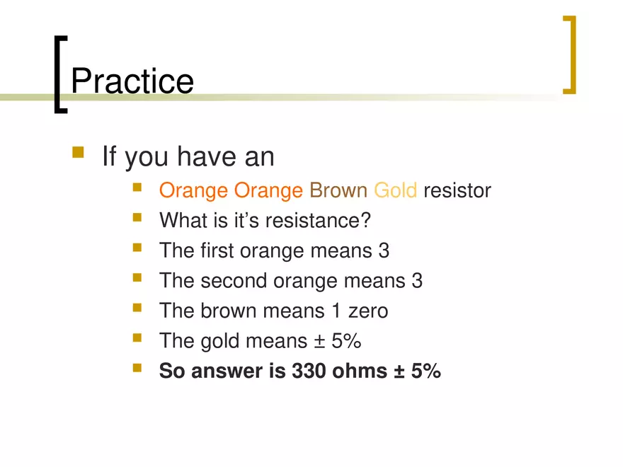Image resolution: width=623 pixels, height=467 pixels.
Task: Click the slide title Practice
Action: [x=132, y=81]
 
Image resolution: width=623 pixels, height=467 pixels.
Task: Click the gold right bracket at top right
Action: [x=570, y=55]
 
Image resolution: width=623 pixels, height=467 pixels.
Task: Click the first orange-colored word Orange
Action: [x=194, y=191]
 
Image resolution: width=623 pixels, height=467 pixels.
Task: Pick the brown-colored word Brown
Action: [x=338, y=191]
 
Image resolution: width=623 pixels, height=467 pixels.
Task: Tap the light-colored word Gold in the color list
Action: [x=395, y=191]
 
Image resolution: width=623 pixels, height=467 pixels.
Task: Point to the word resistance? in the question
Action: [x=318, y=221]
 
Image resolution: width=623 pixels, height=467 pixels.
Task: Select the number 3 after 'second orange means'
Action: [x=417, y=281]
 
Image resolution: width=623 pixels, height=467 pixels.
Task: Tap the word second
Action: [x=233, y=281]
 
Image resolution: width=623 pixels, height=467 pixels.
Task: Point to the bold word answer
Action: [x=230, y=371]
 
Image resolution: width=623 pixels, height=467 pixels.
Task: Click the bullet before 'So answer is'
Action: [x=137, y=369]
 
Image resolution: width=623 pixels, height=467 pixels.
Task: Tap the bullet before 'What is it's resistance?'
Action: [x=137, y=219]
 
